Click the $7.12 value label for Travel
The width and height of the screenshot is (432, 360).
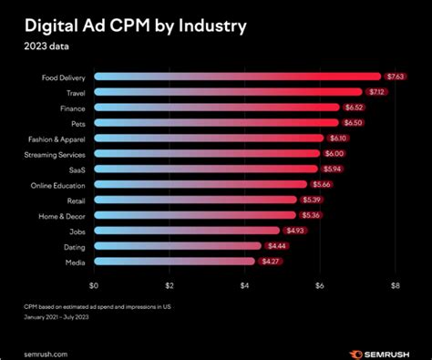[x=376, y=91]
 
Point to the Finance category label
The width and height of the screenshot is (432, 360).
[x=72, y=107]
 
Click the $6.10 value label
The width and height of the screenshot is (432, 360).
[x=337, y=138]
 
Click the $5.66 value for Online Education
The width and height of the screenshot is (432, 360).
[x=321, y=184]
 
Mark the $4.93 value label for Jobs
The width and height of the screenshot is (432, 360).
[x=293, y=231]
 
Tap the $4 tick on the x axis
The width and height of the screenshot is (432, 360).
[x=244, y=285]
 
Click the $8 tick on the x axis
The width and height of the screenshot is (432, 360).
[x=395, y=285]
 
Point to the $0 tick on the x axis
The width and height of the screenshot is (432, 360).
[x=94, y=285]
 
